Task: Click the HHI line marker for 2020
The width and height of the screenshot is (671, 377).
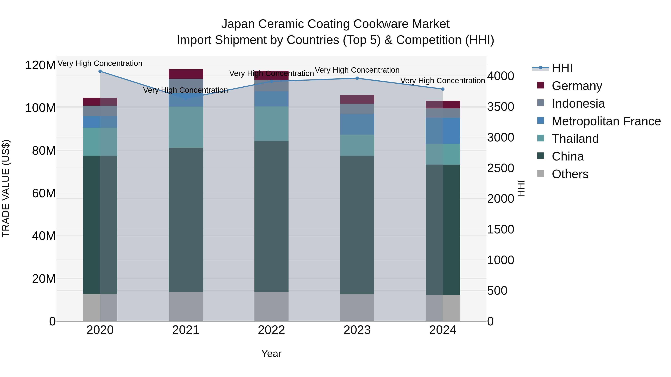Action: tap(100, 71)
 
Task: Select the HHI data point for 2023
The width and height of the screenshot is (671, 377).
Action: tap(357, 78)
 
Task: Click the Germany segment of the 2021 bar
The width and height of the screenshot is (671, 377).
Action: tap(186, 74)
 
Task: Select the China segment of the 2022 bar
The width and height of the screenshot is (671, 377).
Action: tap(271, 216)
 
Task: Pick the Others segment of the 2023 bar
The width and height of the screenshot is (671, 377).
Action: tap(357, 308)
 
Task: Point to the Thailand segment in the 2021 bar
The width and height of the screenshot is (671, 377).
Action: tap(186, 127)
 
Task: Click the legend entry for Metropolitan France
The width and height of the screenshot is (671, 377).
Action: tap(606, 121)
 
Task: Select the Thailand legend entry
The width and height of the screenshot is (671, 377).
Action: tap(575, 139)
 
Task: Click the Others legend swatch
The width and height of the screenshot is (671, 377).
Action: tap(541, 174)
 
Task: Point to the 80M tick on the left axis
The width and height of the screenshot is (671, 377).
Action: tap(44, 151)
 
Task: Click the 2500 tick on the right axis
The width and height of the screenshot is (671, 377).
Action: tap(500, 168)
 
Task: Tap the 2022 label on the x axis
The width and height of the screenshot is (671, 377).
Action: tap(271, 330)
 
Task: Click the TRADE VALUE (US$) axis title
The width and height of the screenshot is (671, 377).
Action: tap(6, 188)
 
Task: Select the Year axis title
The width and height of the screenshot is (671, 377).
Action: tap(271, 354)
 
